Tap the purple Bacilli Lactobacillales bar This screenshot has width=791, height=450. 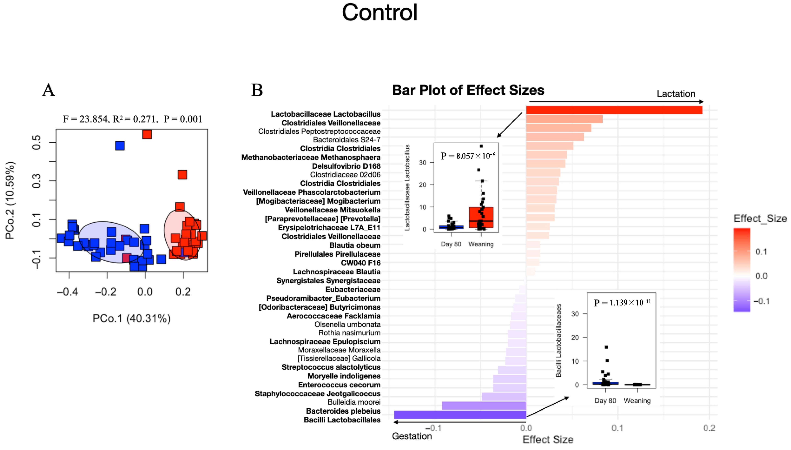[x=460, y=414]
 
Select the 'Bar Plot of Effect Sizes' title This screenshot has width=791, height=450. [x=468, y=90]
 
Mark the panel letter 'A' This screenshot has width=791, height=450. [x=49, y=90]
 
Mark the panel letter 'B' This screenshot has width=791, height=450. [x=257, y=90]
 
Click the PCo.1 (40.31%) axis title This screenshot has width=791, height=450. [x=131, y=318]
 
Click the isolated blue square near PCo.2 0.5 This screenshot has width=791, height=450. [x=120, y=145]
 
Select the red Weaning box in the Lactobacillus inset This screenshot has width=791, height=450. [x=481, y=217]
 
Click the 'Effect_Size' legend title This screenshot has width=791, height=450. [x=760, y=219]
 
